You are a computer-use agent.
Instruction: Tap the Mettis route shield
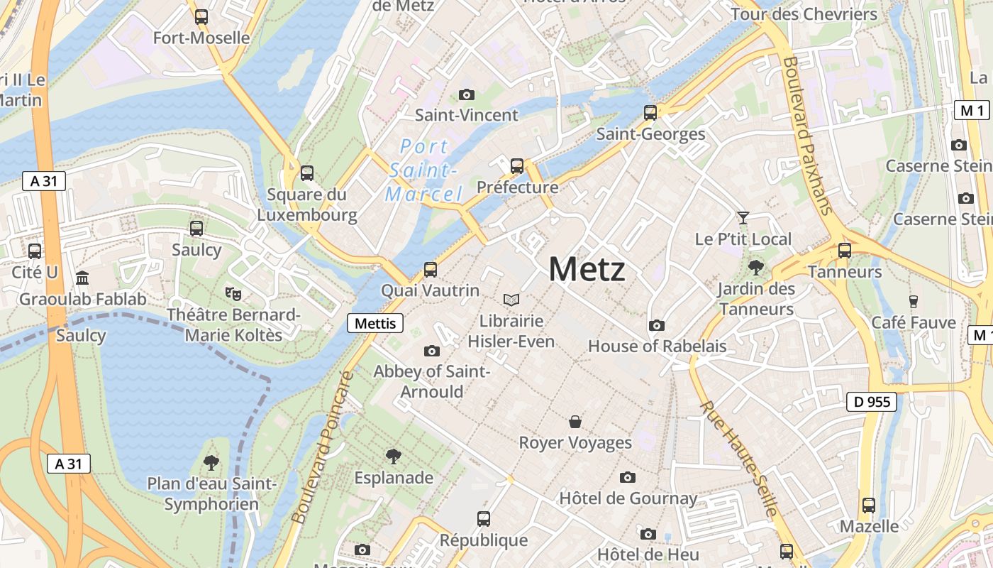click(x=375, y=323)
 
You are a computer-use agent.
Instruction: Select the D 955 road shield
click(x=872, y=402)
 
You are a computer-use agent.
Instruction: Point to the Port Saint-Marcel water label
click(x=424, y=170)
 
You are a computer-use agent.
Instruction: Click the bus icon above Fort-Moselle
click(x=201, y=16)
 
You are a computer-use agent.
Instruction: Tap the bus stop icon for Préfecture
click(x=517, y=165)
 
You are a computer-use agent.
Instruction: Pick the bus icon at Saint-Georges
click(x=650, y=112)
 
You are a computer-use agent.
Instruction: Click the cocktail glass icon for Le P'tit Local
click(x=743, y=217)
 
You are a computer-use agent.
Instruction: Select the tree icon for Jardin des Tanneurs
click(x=755, y=268)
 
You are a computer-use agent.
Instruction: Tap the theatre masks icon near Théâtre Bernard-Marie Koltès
click(x=232, y=292)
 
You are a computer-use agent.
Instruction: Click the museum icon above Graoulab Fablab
click(x=82, y=278)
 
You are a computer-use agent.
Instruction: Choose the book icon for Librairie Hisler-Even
click(x=511, y=300)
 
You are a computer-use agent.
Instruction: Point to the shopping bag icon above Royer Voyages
click(x=575, y=422)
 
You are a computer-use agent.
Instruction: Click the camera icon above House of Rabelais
click(x=657, y=325)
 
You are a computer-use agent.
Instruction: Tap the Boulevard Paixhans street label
click(x=806, y=135)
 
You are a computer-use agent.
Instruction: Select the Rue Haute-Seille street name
click(x=739, y=458)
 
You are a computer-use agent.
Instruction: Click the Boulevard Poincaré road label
click(x=323, y=447)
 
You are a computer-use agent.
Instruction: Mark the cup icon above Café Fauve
click(x=914, y=301)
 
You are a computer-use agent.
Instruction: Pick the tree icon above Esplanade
click(x=394, y=456)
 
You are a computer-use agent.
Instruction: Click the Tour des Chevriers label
click(x=804, y=14)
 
